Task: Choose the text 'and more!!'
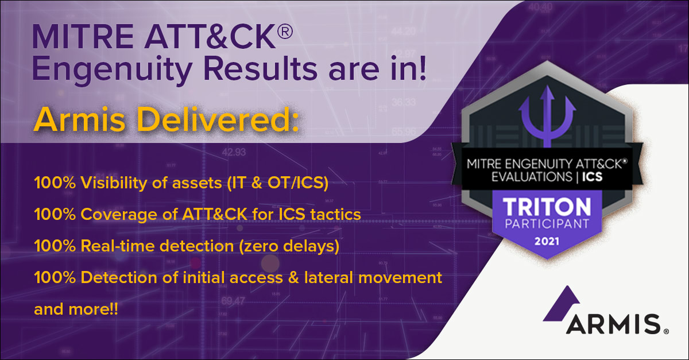(76, 309)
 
